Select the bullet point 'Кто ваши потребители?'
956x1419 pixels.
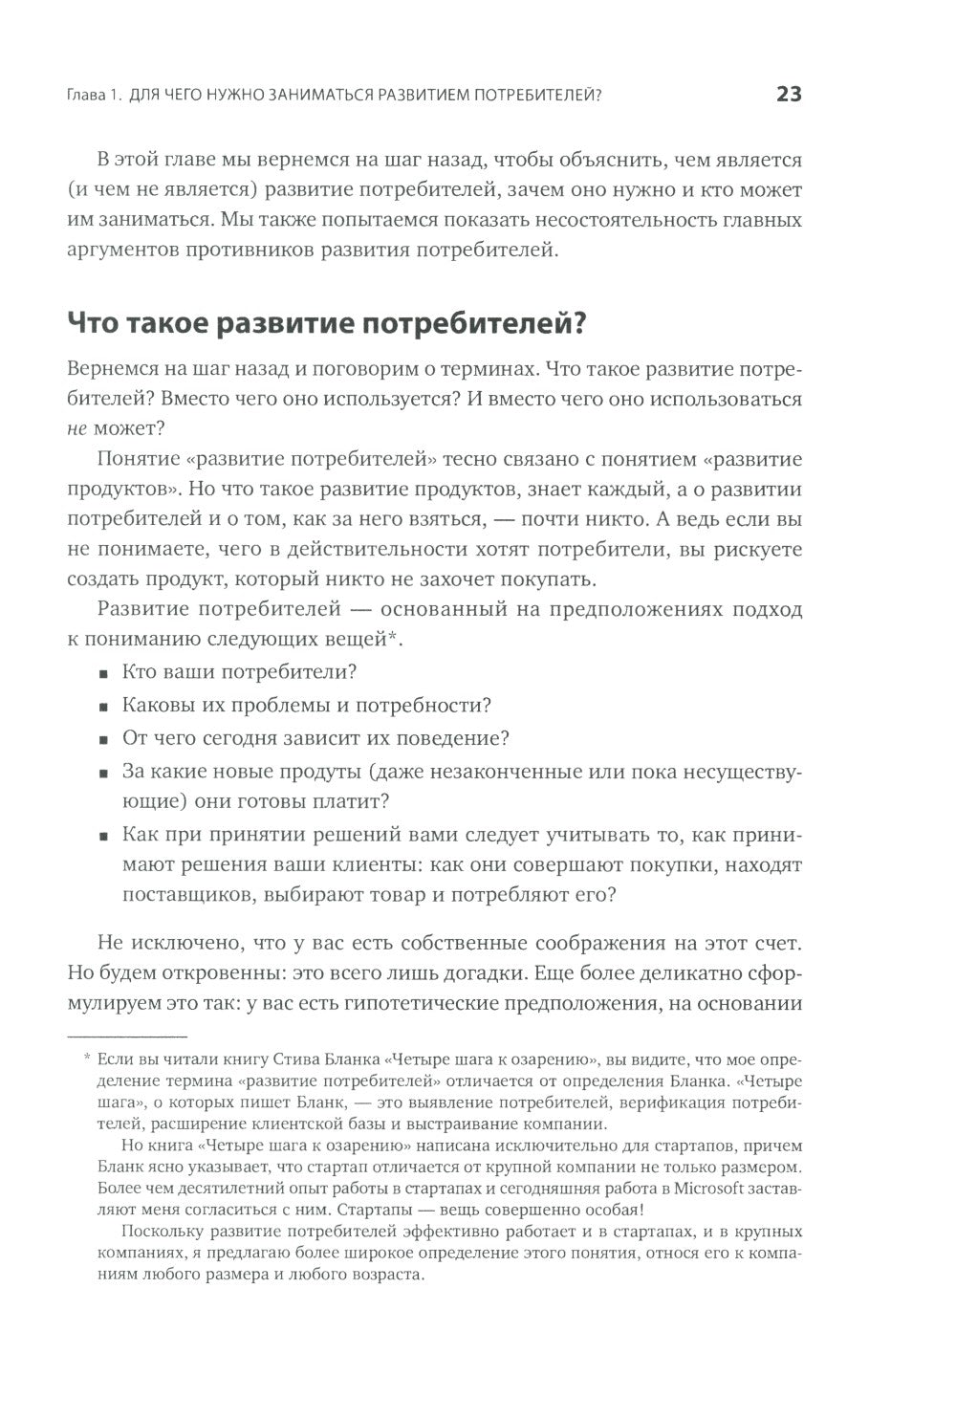[x=239, y=671]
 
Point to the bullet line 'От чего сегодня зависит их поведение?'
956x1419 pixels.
[x=315, y=738]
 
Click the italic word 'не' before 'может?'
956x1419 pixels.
[x=78, y=429]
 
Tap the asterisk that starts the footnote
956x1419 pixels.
[x=87, y=1059]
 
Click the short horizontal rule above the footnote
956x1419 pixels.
[x=127, y=1035]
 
